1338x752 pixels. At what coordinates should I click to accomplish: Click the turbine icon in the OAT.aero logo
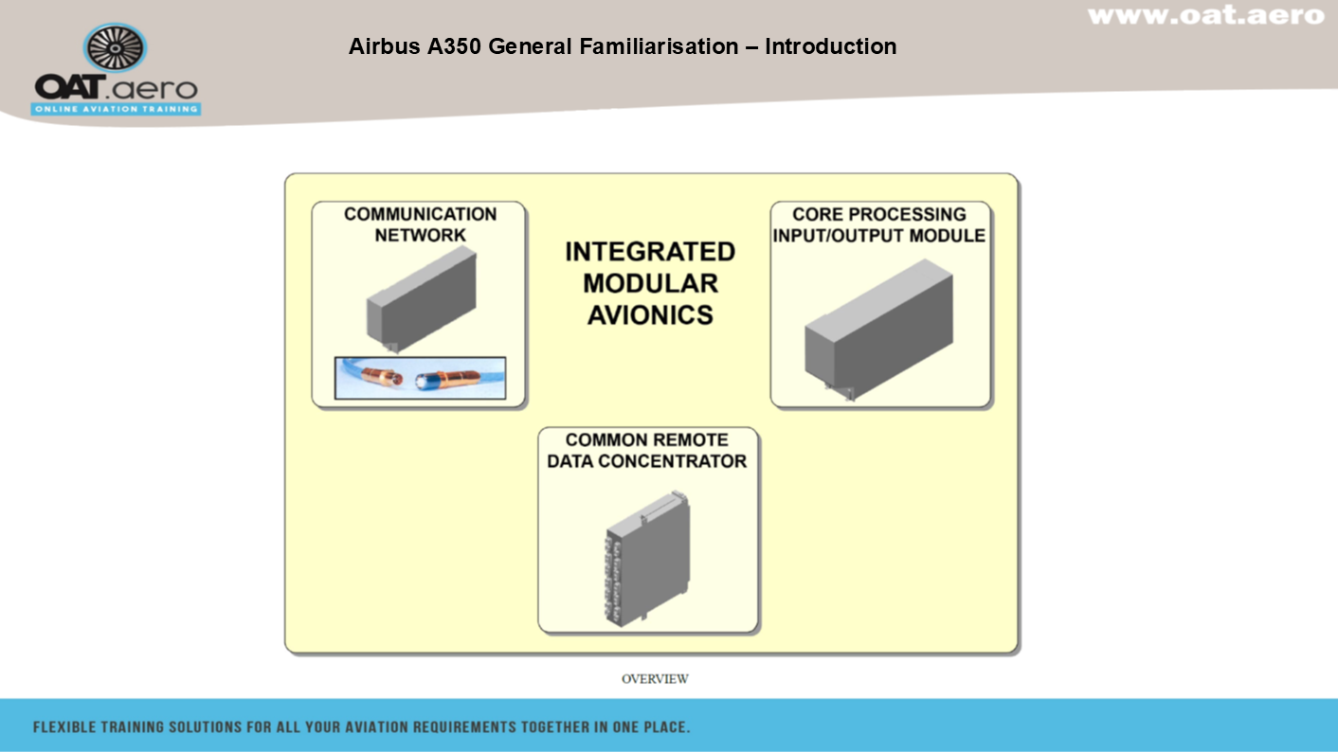pos(116,48)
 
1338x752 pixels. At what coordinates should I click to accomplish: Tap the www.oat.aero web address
pos(1205,15)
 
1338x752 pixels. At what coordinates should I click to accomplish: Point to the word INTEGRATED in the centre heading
pos(650,252)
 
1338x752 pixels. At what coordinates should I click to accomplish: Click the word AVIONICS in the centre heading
pos(650,315)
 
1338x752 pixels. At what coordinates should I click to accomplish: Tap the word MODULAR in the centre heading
pos(650,283)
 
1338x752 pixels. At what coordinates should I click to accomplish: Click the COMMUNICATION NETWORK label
pos(420,224)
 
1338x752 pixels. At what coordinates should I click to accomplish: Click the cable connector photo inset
pos(420,379)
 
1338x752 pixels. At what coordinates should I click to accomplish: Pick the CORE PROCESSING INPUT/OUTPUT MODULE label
pos(879,224)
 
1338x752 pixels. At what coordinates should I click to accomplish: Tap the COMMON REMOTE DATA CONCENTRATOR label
pos(647,451)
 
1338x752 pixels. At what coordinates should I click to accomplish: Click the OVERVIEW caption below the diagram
pos(655,679)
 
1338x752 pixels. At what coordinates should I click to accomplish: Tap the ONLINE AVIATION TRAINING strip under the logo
pos(117,109)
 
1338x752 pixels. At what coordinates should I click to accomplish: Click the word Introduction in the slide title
pos(830,46)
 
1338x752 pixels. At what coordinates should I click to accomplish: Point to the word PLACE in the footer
pos(665,727)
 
